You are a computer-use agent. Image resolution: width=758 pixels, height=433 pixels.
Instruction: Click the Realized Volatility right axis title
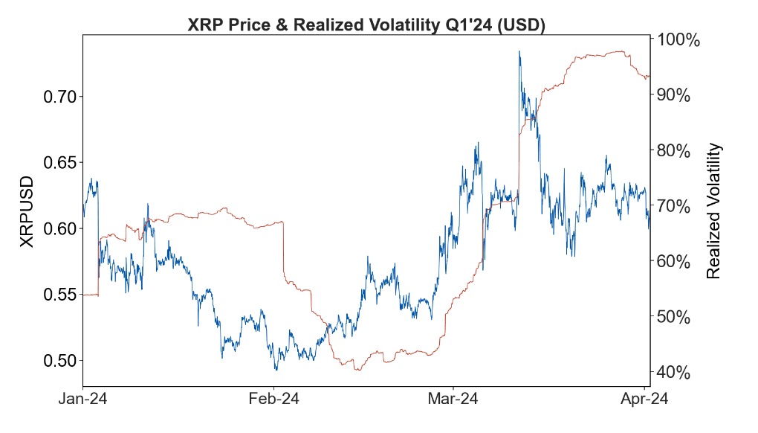point(713,212)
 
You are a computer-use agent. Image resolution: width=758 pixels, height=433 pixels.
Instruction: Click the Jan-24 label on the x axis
point(83,400)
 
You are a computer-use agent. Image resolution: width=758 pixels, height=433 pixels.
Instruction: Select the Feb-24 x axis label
point(273,400)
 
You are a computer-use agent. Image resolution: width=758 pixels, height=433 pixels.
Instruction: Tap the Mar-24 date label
point(454,400)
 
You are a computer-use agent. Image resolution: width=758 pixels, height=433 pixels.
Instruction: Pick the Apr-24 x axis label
point(644,400)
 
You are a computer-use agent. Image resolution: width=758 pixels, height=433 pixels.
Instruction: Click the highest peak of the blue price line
point(519,51)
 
